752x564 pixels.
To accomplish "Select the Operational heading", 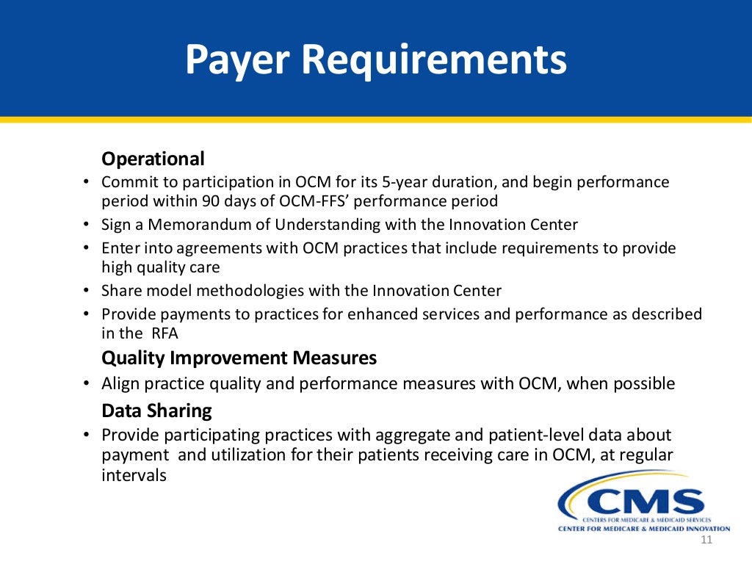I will click(153, 159).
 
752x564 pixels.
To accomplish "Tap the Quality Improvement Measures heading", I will click(239, 358).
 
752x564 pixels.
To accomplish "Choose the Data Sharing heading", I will click(156, 410).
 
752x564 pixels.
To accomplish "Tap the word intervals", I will click(134, 475).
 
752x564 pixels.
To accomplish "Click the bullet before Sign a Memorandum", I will click(86, 225).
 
